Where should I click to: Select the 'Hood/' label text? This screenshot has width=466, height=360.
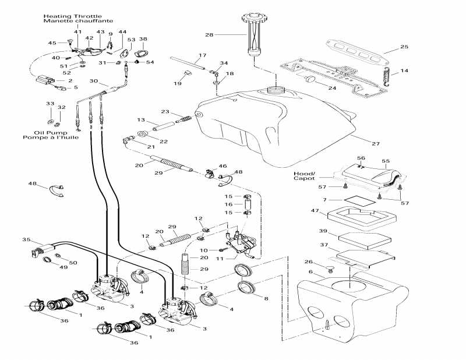[304, 174]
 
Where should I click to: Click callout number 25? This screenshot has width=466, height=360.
[404, 46]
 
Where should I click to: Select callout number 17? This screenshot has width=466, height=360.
[202, 56]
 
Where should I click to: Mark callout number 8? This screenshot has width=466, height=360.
[267, 298]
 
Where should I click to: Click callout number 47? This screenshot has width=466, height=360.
[315, 210]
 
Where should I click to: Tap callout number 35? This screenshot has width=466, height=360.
[26, 239]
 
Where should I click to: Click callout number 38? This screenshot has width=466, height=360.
[143, 39]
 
